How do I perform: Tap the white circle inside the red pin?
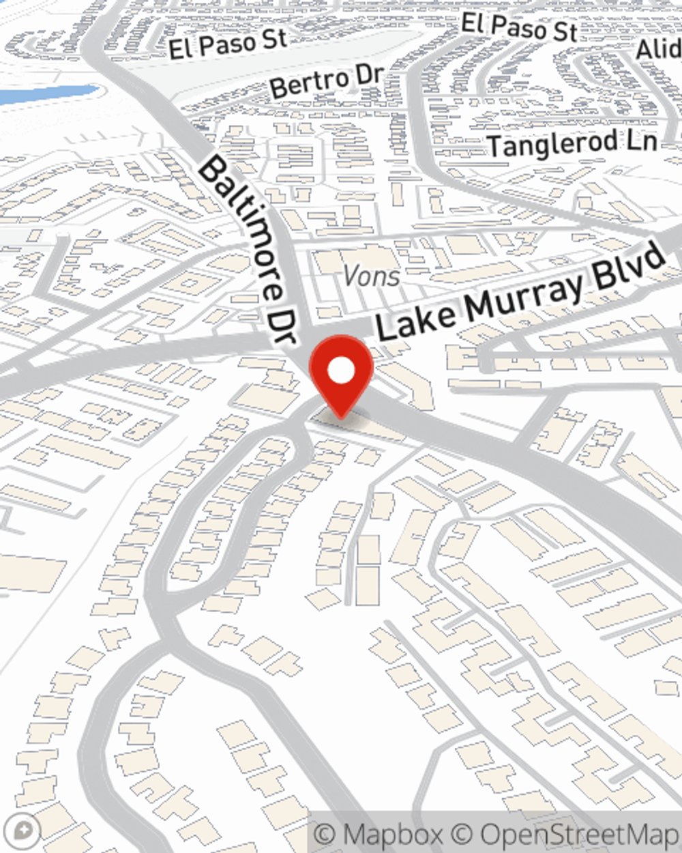pos(341,371)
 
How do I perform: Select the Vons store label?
pos(372,276)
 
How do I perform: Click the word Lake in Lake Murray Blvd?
pos(416,318)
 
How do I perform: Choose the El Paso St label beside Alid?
pos(519,27)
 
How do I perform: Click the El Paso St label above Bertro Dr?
pos(228,44)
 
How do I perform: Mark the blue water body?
pos(41,94)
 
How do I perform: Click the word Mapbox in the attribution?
pos(391,834)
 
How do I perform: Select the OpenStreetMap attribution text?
pos(580,834)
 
